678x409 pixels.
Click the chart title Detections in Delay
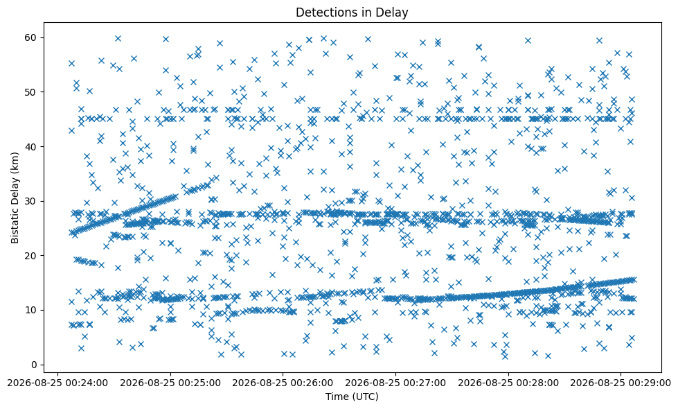(x=352, y=12)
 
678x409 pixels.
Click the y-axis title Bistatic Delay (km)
(x=15, y=198)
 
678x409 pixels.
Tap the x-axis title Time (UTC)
(x=352, y=397)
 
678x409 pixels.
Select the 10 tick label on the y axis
(x=33, y=311)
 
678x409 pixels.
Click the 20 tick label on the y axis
(x=33, y=256)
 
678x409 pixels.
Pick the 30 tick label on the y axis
(x=33, y=201)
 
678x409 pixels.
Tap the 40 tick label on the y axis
(x=33, y=147)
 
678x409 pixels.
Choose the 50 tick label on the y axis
(x=33, y=92)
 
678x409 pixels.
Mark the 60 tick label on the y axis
(x=33, y=37)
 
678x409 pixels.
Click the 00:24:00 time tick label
(x=57, y=383)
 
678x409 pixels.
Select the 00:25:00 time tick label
(x=170, y=383)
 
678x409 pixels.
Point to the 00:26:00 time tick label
(x=283, y=383)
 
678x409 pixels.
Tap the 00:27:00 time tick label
(x=395, y=383)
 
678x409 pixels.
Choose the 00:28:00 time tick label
(x=508, y=383)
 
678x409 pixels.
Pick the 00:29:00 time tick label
(x=621, y=383)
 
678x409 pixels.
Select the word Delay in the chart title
(x=395, y=13)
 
